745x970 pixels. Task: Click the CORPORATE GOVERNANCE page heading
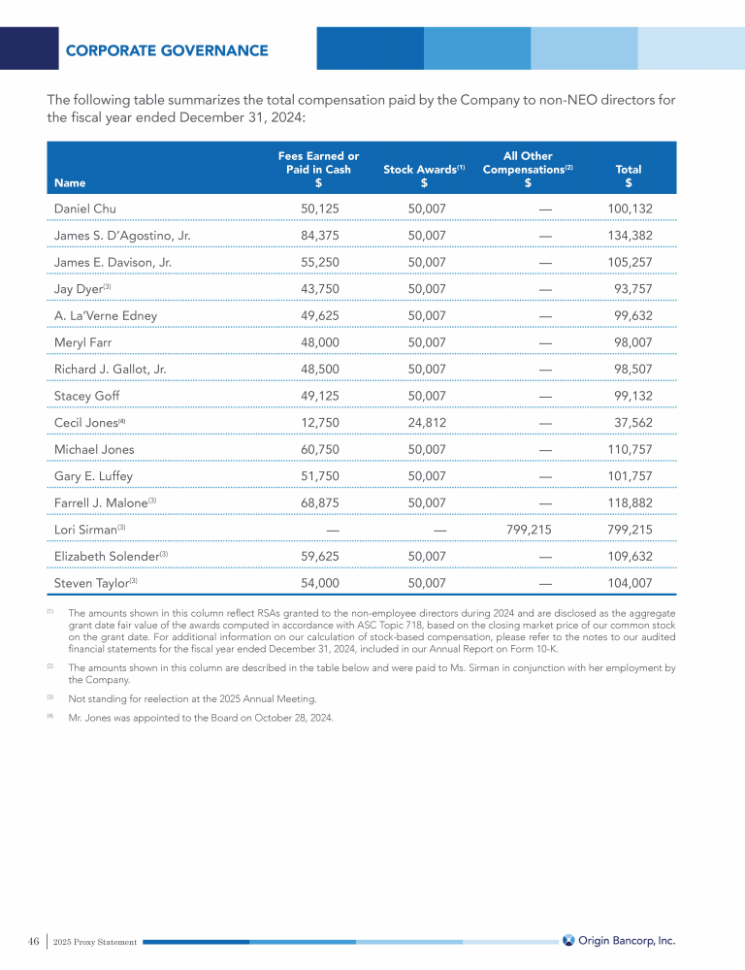point(167,50)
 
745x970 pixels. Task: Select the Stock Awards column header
point(424,169)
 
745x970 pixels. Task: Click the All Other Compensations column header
point(528,169)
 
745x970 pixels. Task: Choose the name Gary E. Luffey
point(93,476)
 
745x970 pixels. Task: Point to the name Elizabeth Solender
point(106,557)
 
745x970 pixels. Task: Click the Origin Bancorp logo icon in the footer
point(568,940)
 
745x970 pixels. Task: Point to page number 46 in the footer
point(33,941)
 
